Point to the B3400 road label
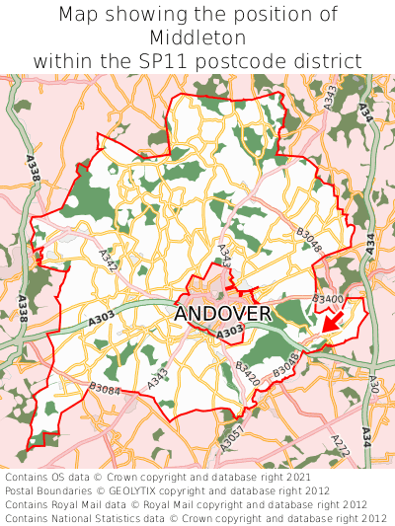(x=327, y=298)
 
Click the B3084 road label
(x=104, y=389)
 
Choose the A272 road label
(x=340, y=445)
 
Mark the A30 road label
(x=372, y=385)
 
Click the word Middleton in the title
(x=197, y=38)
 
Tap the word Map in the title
(x=79, y=15)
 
